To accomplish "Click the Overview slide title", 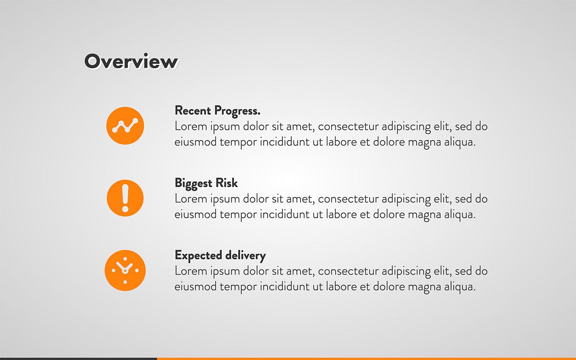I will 131,62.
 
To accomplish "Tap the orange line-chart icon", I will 125,126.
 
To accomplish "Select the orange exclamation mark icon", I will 125,198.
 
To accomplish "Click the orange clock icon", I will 125,270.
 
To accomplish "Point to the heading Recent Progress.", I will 217,110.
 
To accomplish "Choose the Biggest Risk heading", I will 206,183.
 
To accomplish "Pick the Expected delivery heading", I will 220,256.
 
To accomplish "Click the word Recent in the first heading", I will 193,110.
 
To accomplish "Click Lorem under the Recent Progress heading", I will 189,126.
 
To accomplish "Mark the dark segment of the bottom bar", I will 78,359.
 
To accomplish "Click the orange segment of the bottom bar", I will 366,359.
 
